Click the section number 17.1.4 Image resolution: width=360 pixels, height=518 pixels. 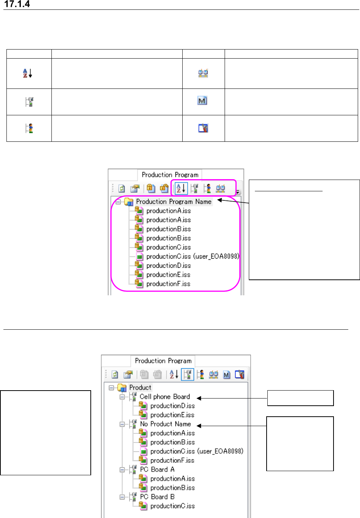pyautogui.click(x=17, y=4)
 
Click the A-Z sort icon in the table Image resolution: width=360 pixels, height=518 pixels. pyautogui.click(x=28, y=73)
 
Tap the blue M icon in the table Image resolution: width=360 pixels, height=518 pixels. pyautogui.click(x=203, y=101)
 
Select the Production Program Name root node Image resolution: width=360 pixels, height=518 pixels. pyautogui.click(x=173, y=202)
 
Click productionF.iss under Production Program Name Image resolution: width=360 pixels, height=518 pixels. pyautogui.click(x=168, y=284)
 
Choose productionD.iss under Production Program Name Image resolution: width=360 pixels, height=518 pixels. pyautogui.click(x=168, y=266)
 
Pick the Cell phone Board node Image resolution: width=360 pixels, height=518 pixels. pyautogui.click(x=164, y=397)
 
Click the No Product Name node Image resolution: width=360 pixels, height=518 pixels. pyautogui.click(x=165, y=424)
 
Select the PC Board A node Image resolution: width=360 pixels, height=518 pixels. pyautogui.click(x=157, y=470)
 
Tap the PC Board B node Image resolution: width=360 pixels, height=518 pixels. pyautogui.click(x=157, y=497)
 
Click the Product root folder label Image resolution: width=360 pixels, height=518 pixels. pyautogui.click(x=140, y=388)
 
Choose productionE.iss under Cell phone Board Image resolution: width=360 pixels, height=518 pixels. pyautogui.click(x=172, y=415)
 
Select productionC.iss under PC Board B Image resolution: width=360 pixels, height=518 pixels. pyautogui.click(x=172, y=506)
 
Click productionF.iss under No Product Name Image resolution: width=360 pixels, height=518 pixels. pyautogui.click(x=172, y=461)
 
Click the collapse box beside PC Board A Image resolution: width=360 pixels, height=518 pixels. pyautogui.click(x=122, y=470)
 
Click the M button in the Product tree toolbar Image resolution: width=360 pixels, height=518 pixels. pyautogui.click(x=227, y=375)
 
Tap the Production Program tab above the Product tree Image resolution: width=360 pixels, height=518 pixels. pyautogui.click(x=163, y=361)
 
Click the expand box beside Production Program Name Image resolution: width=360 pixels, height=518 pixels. pyautogui.click(x=118, y=202)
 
